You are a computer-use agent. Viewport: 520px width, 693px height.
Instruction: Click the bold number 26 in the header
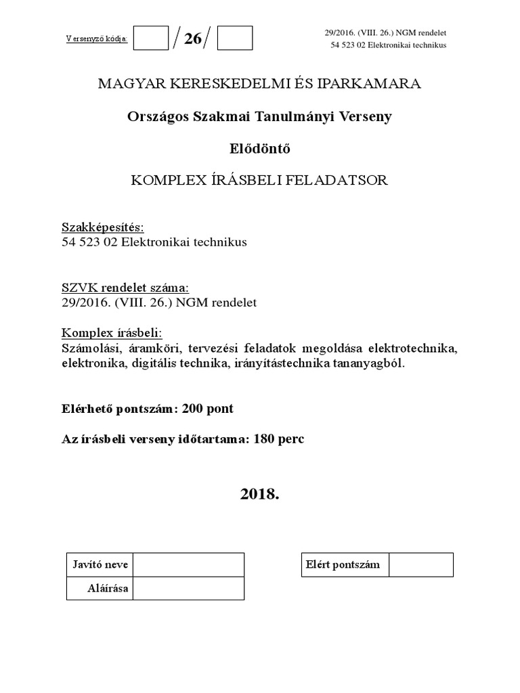193,39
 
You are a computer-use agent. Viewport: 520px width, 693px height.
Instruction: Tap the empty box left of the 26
150,38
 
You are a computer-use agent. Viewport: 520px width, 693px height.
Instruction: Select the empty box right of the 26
235,38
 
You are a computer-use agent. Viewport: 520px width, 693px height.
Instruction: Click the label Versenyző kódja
97,39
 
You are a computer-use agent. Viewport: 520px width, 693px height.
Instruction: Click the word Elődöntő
260,148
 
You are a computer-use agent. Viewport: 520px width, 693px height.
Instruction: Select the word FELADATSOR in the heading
343,180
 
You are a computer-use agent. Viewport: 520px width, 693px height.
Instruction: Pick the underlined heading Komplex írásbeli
112,333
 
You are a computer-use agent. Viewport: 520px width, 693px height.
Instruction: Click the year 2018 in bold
259,493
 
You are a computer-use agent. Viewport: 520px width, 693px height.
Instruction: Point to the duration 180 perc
278,439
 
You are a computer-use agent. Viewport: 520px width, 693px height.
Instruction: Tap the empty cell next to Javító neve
190,564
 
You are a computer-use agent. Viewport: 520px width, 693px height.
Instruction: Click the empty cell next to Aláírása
190,588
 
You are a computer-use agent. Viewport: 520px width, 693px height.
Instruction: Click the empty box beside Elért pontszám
421,565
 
